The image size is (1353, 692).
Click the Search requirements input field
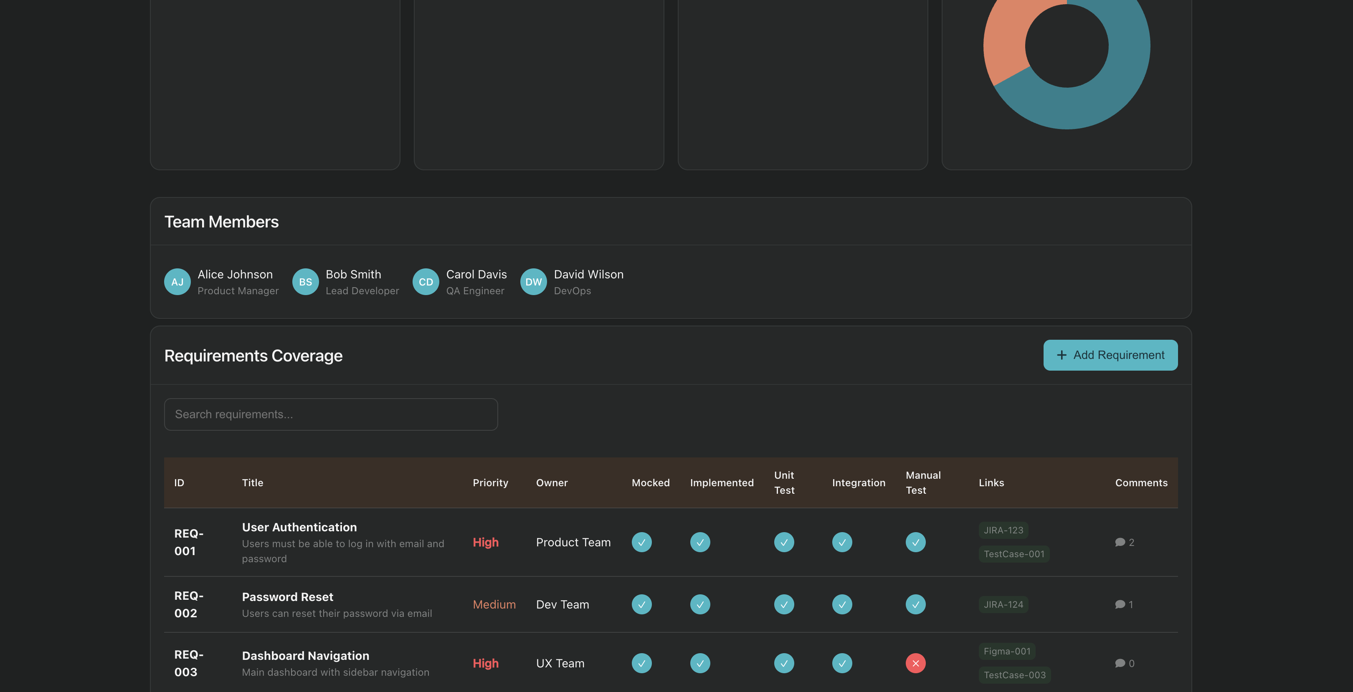(330, 414)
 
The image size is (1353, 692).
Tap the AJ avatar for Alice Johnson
(177, 282)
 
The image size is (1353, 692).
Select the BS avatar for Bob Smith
(305, 282)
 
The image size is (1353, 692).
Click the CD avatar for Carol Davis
(426, 282)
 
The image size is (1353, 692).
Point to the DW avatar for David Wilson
(533, 282)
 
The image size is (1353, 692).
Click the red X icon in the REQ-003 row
(915, 663)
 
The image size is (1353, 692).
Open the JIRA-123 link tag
(1003, 530)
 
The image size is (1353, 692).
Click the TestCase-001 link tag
(1013, 554)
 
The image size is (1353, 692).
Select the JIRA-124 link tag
(1003, 604)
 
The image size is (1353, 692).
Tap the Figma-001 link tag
(1006, 651)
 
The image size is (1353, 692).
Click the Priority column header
(490, 482)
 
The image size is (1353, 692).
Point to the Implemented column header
(721, 482)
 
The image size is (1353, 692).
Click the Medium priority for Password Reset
(494, 604)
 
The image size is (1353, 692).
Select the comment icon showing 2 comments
(1120, 542)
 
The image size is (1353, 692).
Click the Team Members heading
(221, 222)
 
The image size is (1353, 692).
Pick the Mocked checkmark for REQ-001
(641, 542)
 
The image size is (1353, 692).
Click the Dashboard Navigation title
(305, 656)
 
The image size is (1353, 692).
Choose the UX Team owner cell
(560, 663)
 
